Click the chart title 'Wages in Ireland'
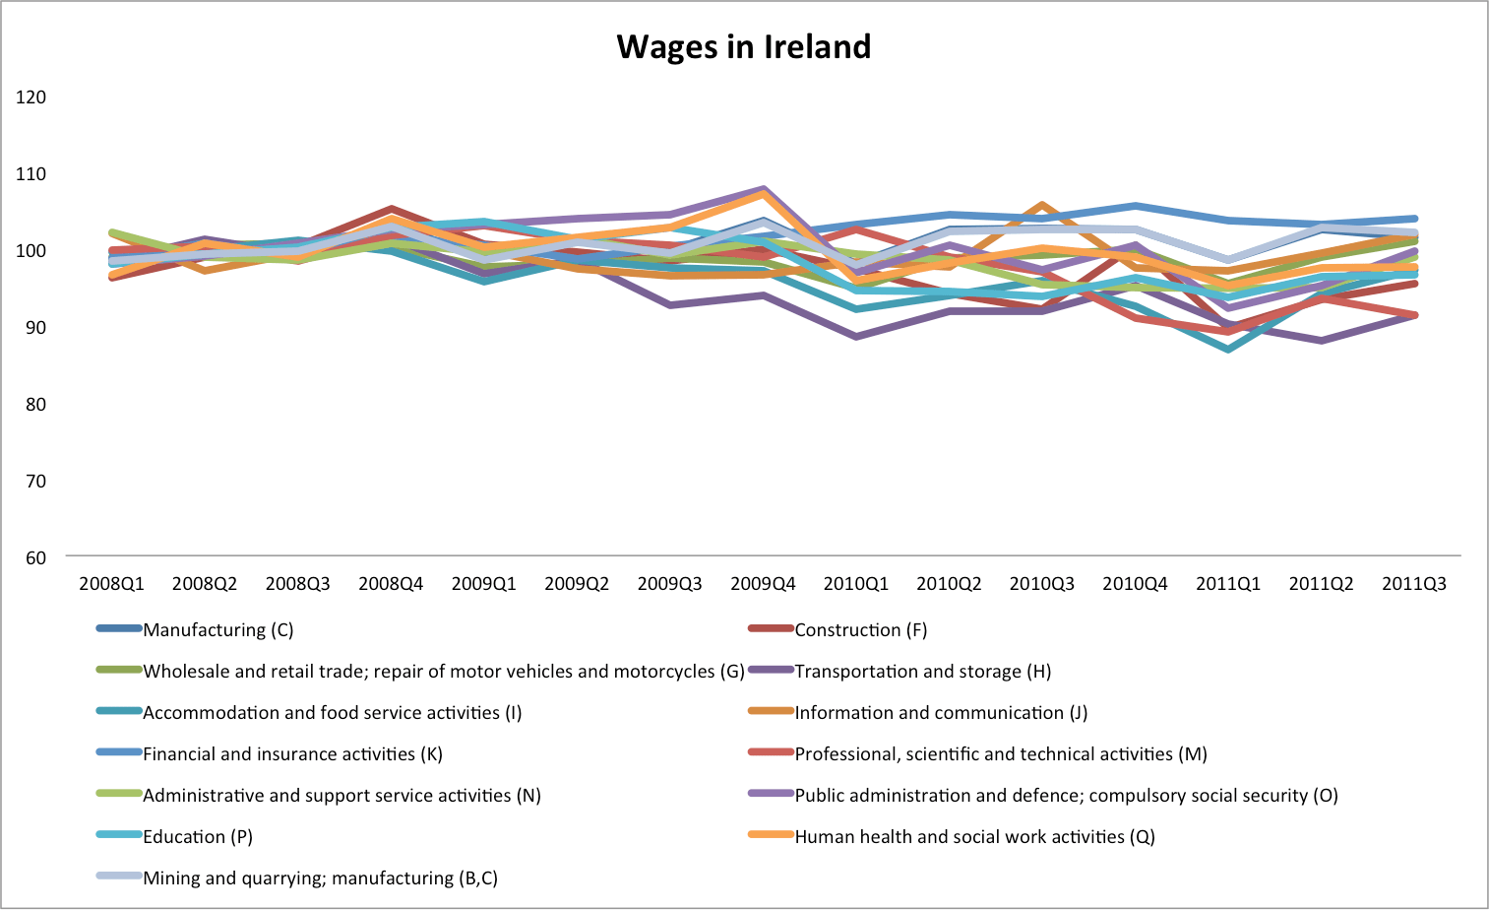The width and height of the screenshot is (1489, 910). pyautogui.click(x=743, y=46)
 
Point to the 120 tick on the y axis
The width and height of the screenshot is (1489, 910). pyautogui.click(x=31, y=97)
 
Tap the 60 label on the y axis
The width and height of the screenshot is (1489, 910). pyautogui.click(x=35, y=557)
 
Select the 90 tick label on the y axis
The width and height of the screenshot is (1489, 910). pyautogui.click(x=35, y=327)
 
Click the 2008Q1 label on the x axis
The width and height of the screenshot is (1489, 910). pyautogui.click(x=111, y=583)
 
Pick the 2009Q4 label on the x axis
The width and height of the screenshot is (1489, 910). pyautogui.click(x=763, y=583)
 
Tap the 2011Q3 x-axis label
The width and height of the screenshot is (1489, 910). pyautogui.click(x=1414, y=583)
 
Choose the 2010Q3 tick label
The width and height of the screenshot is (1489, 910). pyautogui.click(x=1042, y=583)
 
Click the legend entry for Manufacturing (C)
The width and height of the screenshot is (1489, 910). pyautogui.click(x=217, y=629)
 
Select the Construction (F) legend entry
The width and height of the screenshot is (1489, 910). pyautogui.click(x=860, y=629)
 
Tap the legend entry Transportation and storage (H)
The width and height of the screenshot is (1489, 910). pyautogui.click(x=922, y=671)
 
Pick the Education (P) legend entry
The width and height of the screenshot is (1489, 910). pyautogui.click(x=197, y=836)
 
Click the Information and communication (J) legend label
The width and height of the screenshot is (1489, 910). pyautogui.click(x=940, y=712)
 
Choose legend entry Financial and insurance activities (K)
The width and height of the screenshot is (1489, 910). pyautogui.click(x=292, y=753)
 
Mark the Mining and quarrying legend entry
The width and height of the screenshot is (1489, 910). pyautogui.click(x=320, y=877)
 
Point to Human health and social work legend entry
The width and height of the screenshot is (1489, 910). pyautogui.click(x=974, y=836)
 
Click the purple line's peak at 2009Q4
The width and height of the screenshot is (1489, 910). pyautogui.click(x=764, y=188)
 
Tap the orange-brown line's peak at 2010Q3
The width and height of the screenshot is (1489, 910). pyautogui.click(x=1042, y=205)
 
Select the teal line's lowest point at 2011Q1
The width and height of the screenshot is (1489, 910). pyautogui.click(x=1228, y=349)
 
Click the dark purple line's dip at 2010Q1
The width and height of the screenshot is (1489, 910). pyautogui.click(x=856, y=337)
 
